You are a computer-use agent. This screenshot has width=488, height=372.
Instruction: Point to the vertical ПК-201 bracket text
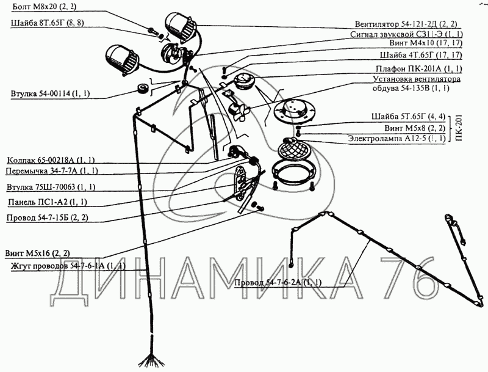point(459,128)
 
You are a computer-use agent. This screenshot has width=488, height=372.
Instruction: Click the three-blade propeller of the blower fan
point(240,113)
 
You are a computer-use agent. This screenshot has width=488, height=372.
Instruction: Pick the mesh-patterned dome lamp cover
point(292,148)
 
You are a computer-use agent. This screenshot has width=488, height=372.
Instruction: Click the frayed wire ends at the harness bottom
point(151,360)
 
